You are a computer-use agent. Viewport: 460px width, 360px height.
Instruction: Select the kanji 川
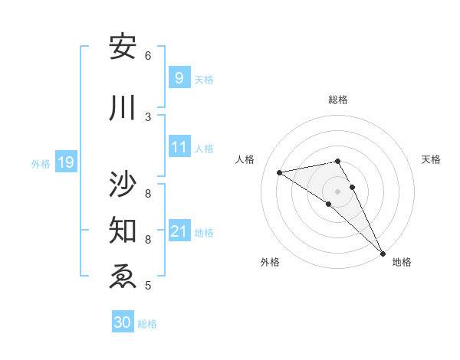pos(123,108)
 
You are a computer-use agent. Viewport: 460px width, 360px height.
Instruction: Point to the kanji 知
pos(123,229)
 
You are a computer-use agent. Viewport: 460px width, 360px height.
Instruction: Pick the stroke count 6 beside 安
pos(148,55)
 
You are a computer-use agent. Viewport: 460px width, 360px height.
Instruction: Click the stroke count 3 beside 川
pos(148,116)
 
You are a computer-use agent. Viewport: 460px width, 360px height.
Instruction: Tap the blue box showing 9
pos(179,78)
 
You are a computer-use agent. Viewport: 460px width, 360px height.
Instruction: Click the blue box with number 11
pos(179,147)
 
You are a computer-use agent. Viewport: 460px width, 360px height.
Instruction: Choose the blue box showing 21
pos(179,231)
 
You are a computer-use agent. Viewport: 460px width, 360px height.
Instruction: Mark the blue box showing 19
pos(65,162)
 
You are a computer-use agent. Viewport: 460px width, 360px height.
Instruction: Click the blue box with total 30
pos(123,322)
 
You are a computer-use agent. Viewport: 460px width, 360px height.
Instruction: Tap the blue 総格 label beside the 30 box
pos(147,324)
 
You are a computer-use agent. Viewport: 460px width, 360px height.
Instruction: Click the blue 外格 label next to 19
pos(41,163)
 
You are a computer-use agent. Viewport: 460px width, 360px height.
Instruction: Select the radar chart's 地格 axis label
pos(402,262)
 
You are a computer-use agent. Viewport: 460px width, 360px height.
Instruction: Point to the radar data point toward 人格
pos(280,172)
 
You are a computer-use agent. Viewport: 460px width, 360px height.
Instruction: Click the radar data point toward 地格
pos(383,253)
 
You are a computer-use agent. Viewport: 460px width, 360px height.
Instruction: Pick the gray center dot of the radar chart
pos(337,191)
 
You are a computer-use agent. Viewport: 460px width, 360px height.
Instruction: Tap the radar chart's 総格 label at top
pos(337,99)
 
